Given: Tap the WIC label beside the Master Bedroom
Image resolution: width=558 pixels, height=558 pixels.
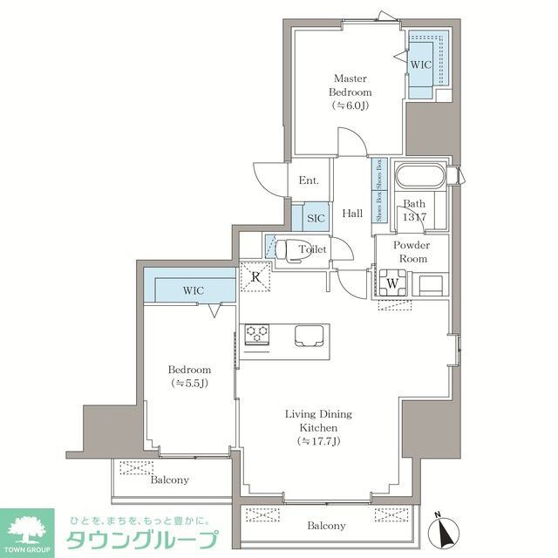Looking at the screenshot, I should [x=421, y=65].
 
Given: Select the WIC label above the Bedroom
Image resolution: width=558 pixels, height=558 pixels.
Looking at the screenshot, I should [x=194, y=289].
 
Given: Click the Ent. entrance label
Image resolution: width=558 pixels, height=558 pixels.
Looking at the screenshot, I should [x=308, y=180].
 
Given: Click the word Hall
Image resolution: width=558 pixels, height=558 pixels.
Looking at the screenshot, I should [x=352, y=214].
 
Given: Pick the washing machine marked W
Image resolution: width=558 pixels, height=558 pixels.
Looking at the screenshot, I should [x=393, y=282].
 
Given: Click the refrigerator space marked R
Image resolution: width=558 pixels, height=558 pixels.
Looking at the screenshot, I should [x=256, y=277].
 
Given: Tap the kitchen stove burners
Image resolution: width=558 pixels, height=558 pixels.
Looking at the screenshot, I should [x=257, y=331].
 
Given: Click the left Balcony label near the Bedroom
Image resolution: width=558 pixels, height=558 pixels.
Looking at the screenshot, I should [x=169, y=480].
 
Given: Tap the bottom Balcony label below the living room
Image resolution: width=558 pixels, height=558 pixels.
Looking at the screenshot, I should [x=326, y=526].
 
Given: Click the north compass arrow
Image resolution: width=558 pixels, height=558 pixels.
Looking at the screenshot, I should [x=447, y=529].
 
